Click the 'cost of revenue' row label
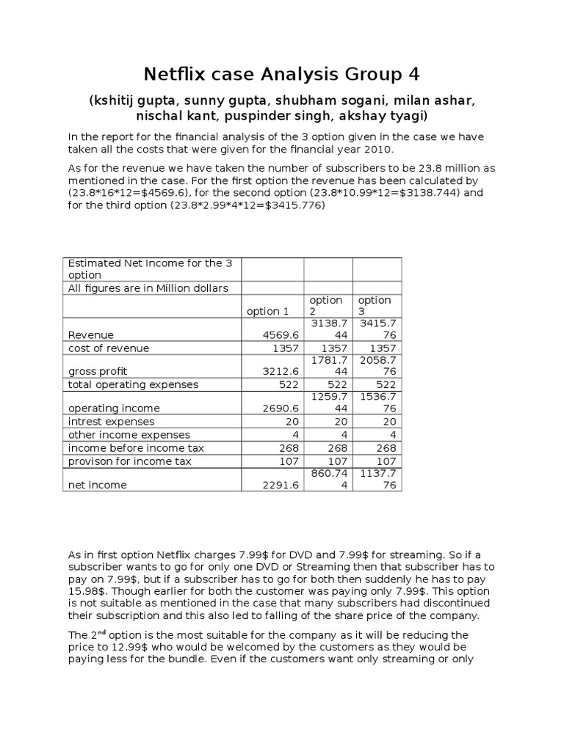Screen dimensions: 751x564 tap(109, 348)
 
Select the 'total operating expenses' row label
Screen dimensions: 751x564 tap(134, 384)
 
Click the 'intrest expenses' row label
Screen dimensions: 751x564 tap(112, 421)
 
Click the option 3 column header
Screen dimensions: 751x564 tap(375, 306)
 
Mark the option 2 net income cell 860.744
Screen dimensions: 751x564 tap(328, 479)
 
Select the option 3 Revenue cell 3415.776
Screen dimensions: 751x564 tap(376, 329)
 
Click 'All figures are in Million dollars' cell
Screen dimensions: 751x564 tap(148, 288)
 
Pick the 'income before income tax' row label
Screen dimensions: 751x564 tap(137, 448)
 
